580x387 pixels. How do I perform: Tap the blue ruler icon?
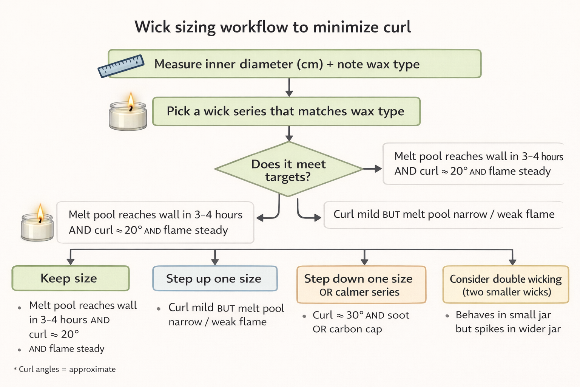[x=120, y=66]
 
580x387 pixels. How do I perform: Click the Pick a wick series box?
[x=286, y=111]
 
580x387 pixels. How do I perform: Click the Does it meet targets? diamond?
[x=288, y=170]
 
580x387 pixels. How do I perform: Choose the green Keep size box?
[x=70, y=279]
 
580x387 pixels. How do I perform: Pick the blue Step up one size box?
[x=214, y=279]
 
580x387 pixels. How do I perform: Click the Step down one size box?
[x=361, y=285]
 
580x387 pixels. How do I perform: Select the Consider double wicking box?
[x=505, y=285]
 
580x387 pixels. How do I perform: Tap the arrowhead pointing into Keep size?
[x=70, y=261]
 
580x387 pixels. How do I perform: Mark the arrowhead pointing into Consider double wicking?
[x=512, y=261]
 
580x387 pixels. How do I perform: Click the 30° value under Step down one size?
[x=355, y=315]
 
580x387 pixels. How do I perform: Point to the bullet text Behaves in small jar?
[x=503, y=315]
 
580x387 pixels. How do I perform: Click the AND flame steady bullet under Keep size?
[x=66, y=349]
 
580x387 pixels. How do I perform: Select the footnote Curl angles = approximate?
[x=67, y=369]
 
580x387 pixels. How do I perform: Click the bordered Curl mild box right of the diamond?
[x=443, y=215]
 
